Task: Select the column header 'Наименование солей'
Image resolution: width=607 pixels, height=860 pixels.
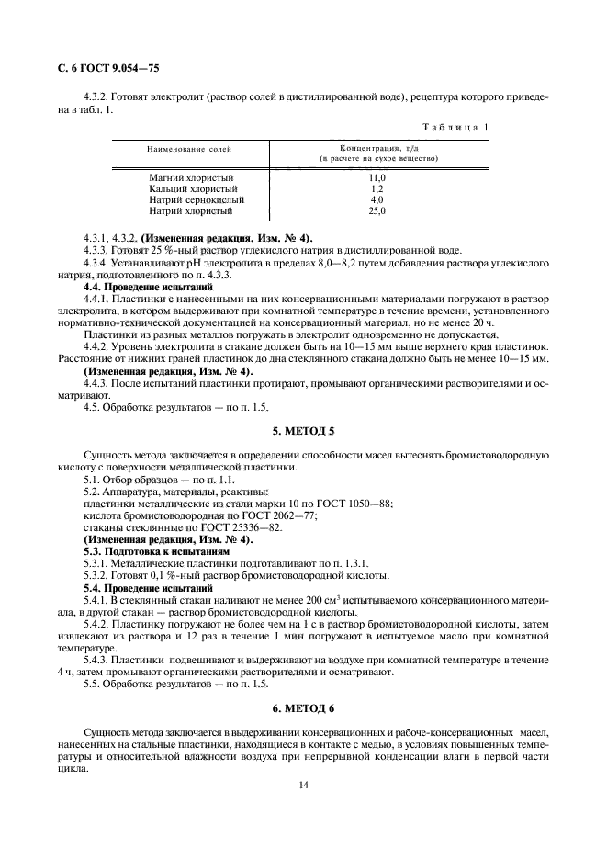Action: (x=189, y=148)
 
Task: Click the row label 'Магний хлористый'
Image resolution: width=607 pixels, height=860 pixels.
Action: (x=191, y=176)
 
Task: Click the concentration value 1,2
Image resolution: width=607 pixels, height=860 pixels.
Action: (x=377, y=187)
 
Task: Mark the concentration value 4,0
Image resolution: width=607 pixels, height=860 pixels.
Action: (x=377, y=199)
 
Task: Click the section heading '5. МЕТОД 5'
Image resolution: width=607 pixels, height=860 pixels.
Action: (x=303, y=429)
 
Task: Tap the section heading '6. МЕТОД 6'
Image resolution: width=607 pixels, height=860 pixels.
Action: (x=303, y=709)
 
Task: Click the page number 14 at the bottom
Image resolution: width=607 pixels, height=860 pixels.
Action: (x=303, y=786)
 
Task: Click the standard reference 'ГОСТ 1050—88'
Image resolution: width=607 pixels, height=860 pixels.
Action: (x=359, y=503)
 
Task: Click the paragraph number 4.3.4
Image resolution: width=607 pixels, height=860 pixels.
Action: (x=96, y=263)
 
